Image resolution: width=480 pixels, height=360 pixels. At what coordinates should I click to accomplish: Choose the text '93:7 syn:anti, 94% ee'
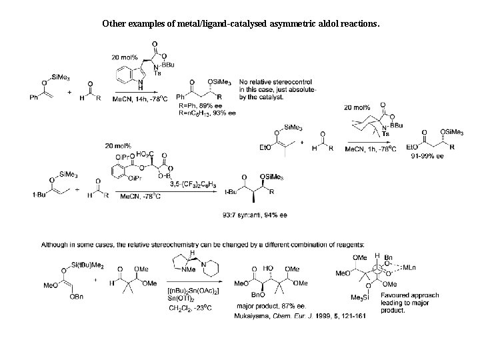256,215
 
